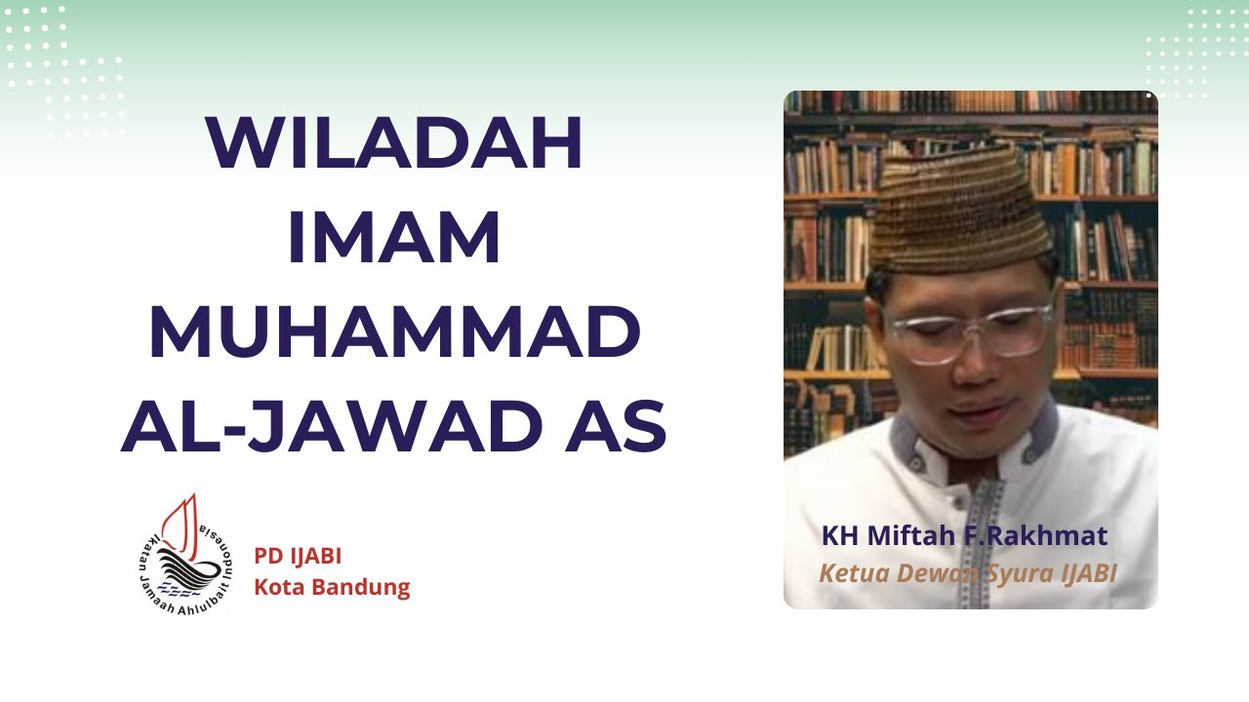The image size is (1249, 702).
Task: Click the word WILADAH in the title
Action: (x=394, y=144)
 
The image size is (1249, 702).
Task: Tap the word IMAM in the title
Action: (x=394, y=239)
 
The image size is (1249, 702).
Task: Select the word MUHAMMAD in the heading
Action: (x=394, y=333)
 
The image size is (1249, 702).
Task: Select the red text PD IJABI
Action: (x=298, y=557)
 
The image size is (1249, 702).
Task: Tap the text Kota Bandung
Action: (x=332, y=588)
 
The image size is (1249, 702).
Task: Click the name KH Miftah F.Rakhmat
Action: (x=965, y=536)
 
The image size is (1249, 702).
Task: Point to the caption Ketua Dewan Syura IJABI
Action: (x=967, y=572)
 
